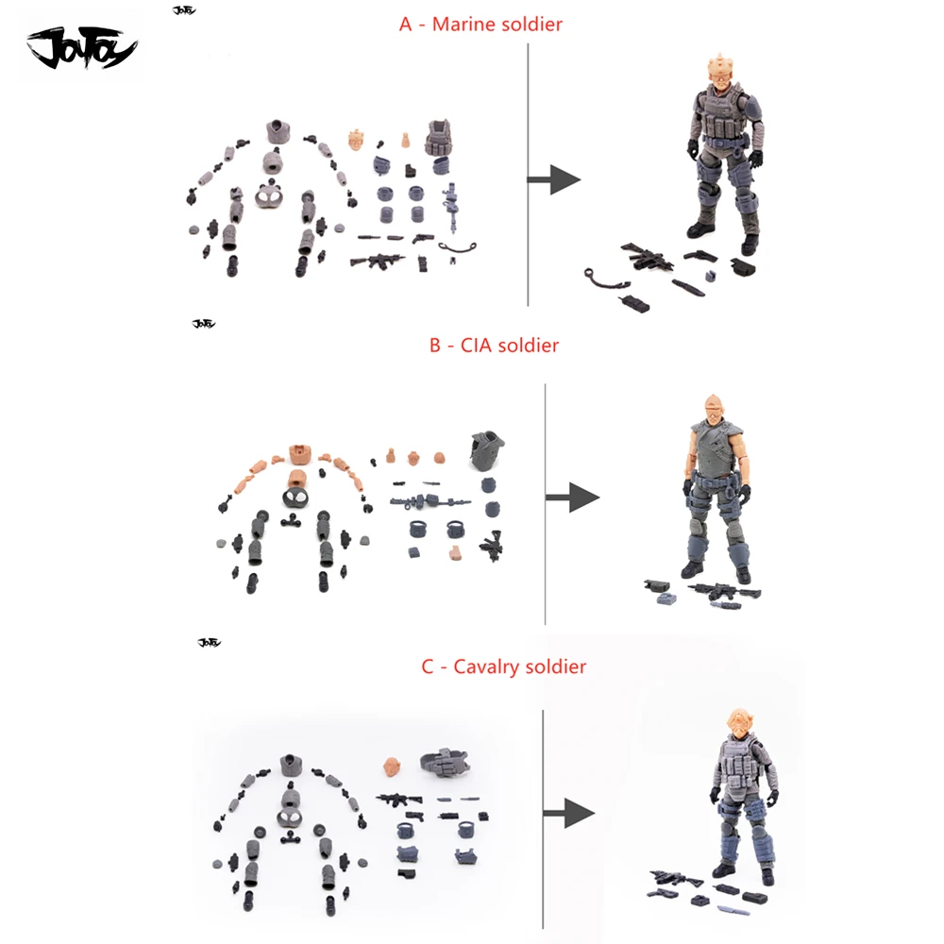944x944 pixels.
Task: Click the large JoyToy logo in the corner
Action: pyautogui.click(x=82, y=47)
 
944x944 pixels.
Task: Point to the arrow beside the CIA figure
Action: pyautogui.click(x=573, y=497)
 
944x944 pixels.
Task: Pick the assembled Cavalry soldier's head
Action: pyautogui.click(x=740, y=725)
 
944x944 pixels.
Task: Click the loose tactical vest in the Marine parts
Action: pyautogui.click(x=439, y=138)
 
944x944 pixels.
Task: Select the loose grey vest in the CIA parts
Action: pyautogui.click(x=487, y=449)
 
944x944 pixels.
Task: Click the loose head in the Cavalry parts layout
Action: pyautogui.click(x=393, y=767)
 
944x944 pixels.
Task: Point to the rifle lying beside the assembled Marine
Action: pyautogui.click(x=648, y=258)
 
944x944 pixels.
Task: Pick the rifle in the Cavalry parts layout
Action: pyautogui.click(x=399, y=800)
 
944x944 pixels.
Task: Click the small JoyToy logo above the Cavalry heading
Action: pyautogui.click(x=210, y=642)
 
